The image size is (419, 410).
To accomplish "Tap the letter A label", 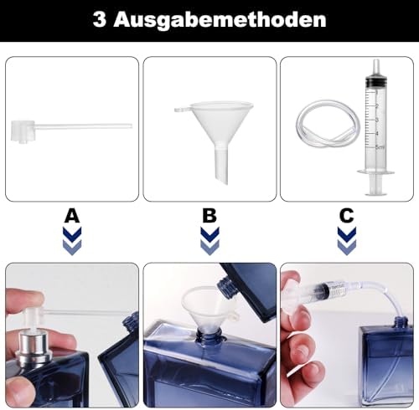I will (x=73, y=216).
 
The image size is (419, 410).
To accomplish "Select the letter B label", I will (x=209, y=216).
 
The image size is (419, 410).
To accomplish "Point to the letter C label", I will (x=346, y=216).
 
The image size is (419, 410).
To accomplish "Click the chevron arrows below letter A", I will (x=73, y=240).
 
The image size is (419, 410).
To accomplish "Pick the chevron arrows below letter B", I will (x=209, y=240).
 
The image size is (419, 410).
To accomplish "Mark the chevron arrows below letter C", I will (x=346, y=240).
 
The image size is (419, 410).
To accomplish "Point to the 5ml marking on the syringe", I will (x=380, y=146).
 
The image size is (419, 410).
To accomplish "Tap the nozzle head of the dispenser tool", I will (x=21, y=130).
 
